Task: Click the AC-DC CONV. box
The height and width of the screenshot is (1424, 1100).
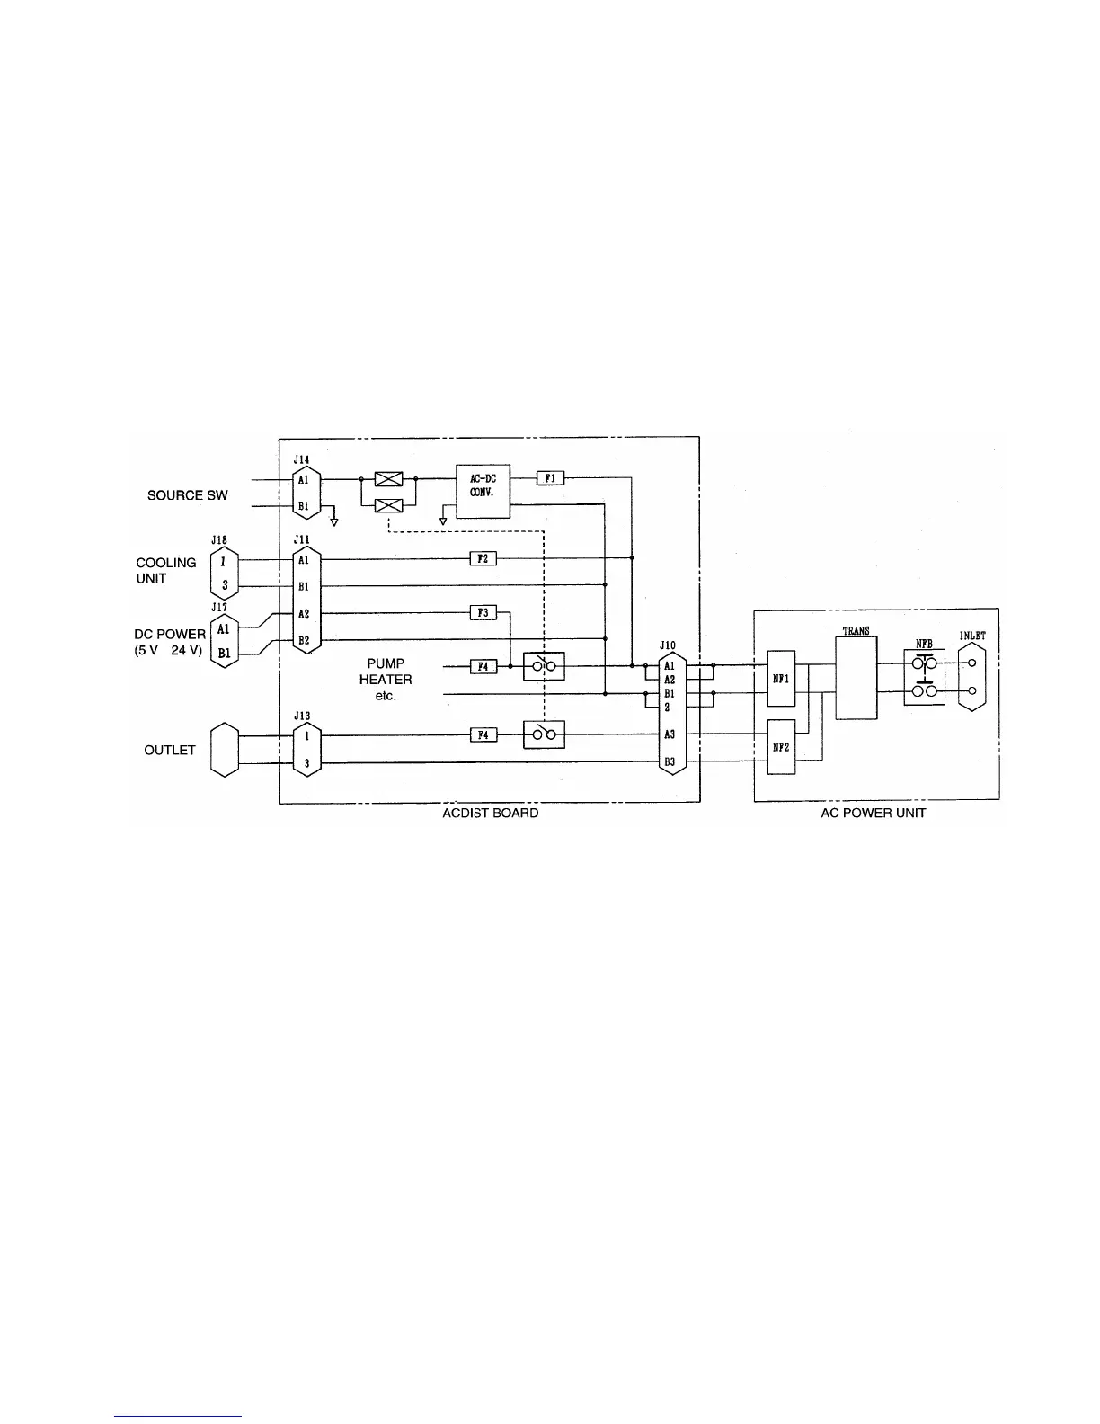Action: tap(483, 490)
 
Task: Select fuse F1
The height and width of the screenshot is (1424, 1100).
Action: tap(550, 478)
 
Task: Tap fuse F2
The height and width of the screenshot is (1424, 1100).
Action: tap(483, 559)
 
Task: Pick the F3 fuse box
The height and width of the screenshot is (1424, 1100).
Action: tap(483, 612)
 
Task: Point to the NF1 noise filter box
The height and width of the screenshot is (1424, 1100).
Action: tap(781, 679)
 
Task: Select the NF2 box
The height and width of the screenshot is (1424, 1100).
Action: tap(781, 746)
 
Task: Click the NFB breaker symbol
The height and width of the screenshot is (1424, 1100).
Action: tap(924, 676)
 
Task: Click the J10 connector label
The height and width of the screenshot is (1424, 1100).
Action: tap(667, 645)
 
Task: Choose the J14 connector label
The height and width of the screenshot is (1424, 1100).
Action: tap(301, 459)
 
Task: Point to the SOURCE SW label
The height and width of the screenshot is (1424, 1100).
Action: tap(188, 495)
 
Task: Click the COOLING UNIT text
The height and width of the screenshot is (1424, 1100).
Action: tap(166, 571)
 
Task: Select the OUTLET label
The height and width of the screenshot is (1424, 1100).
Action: tap(170, 750)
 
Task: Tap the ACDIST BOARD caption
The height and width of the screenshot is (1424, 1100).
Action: tap(491, 813)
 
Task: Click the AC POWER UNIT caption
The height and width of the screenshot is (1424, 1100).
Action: tap(874, 813)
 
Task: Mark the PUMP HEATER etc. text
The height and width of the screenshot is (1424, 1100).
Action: tap(386, 680)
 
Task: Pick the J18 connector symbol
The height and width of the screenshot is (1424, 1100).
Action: tap(221, 573)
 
